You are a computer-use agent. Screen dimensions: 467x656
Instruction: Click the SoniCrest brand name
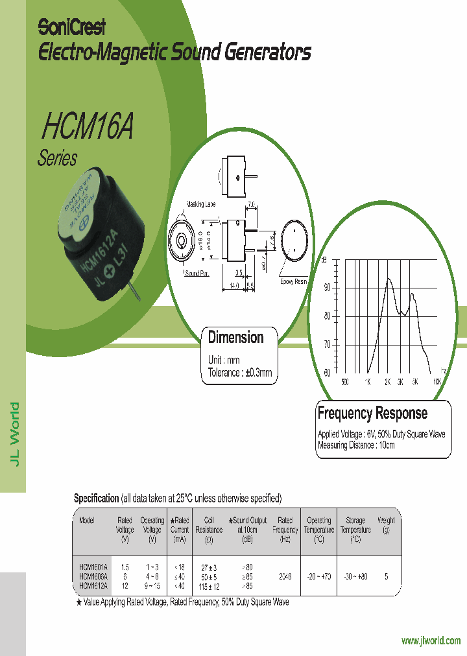click(x=71, y=27)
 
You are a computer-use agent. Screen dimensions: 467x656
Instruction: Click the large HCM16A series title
click(x=87, y=128)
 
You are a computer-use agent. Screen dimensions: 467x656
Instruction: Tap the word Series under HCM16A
click(x=58, y=158)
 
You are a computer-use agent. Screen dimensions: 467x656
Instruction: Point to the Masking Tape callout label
click(x=201, y=204)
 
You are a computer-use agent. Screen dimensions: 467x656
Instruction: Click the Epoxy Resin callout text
click(x=294, y=281)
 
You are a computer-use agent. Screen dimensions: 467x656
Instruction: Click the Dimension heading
click(x=235, y=337)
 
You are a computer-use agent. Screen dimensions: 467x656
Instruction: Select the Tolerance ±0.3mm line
click(x=240, y=373)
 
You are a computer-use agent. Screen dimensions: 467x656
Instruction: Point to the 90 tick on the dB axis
click(x=327, y=287)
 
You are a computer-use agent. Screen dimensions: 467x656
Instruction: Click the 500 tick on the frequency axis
click(x=344, y=382)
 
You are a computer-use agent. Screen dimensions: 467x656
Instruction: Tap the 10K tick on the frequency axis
click(x=437, y=382)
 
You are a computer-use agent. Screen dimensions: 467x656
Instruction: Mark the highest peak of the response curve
click(x=389, y=279)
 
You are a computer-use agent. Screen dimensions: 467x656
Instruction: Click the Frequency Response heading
click(x=372, y=413)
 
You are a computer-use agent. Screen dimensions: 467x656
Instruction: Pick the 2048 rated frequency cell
click(x=285, y=576)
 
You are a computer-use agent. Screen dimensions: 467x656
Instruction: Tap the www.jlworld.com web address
click(x=431, y=641)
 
